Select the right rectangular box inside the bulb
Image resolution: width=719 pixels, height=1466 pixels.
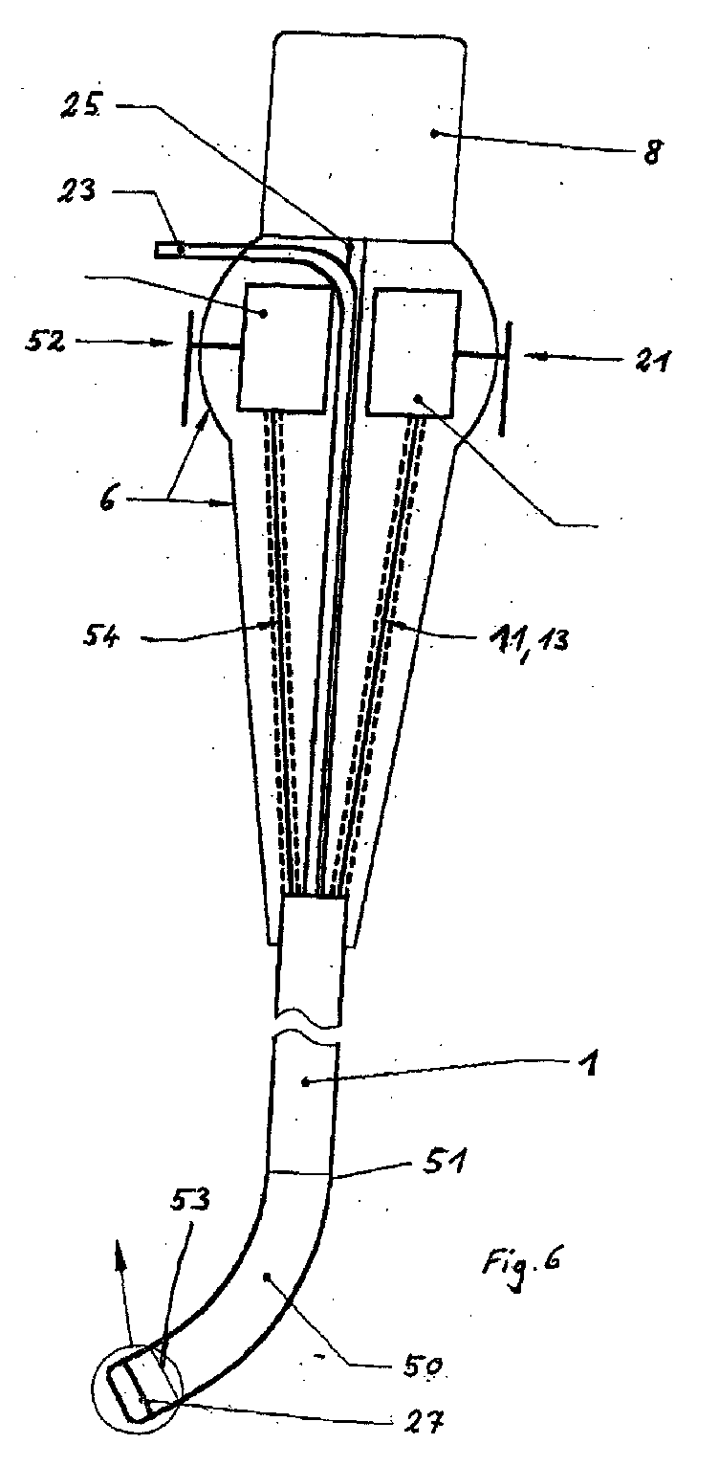coord(414,352)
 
